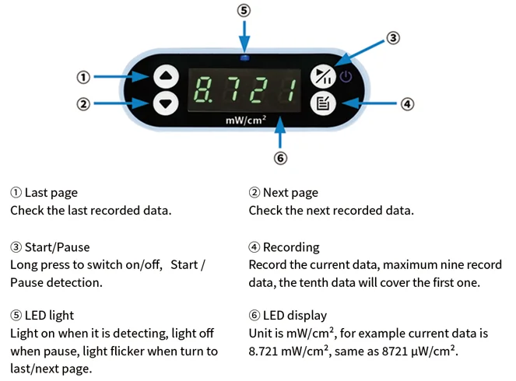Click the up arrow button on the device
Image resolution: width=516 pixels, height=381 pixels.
pos(167,76)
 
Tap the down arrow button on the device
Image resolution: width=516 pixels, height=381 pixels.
pos(167,103)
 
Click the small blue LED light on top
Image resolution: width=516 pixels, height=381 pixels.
pos(245,58)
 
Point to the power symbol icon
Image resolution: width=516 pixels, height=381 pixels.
pos(346,76)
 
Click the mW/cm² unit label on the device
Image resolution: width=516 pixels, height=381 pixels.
pos(246,121)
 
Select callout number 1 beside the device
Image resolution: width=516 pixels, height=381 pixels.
pos(83,77)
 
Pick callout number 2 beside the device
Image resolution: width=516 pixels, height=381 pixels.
pos(83,103)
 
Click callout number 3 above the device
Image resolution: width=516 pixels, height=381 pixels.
pos(394,37)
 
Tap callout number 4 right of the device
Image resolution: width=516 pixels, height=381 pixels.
pos(407,103)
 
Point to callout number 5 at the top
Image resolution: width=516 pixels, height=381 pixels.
pos(244,10)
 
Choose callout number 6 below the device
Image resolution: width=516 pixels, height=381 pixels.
pos(281,158)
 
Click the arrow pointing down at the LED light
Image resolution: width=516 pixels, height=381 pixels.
pos(244,35)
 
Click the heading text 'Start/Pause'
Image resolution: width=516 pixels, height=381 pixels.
pos(57,247)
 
